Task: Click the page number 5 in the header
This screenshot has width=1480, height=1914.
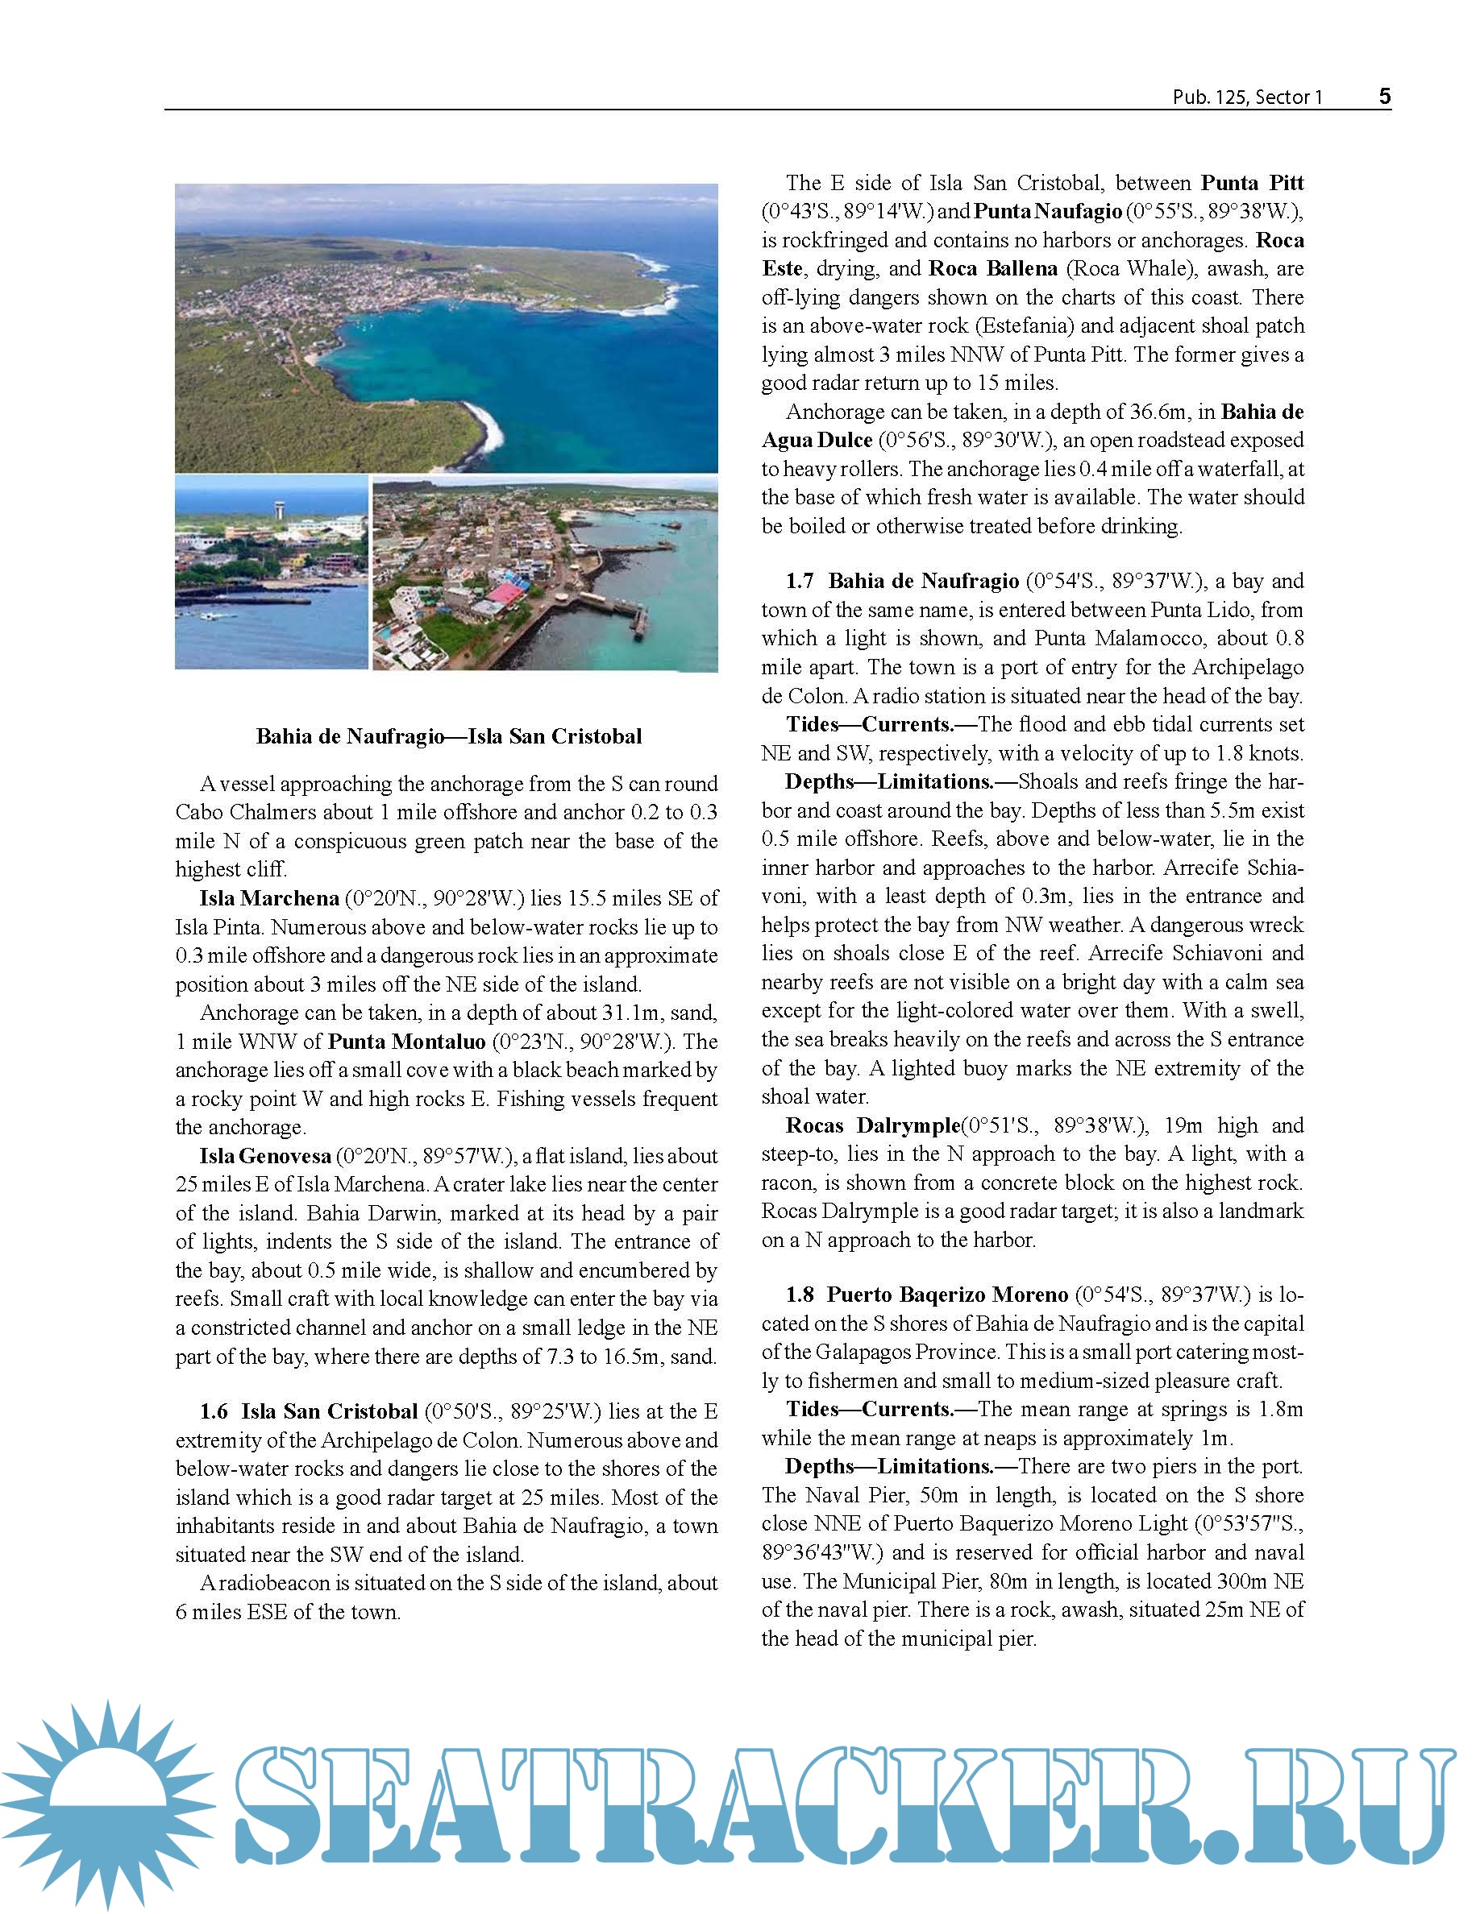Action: coord(1384,97)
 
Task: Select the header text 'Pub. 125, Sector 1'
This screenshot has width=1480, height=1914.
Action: coord(1247,97)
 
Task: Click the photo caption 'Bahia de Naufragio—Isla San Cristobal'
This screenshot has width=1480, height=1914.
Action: coord(449,736)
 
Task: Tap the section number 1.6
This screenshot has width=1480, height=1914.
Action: coord(213,1411)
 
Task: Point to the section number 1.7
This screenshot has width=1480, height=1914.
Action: coord(800,580)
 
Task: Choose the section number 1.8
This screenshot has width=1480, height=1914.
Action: coord(800,1295)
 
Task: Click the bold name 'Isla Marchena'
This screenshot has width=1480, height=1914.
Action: coord(269,898)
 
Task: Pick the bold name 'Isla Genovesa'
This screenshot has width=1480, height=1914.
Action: coord(264,1156)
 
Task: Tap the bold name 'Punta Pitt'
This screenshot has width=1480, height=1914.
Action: coord(1252,183)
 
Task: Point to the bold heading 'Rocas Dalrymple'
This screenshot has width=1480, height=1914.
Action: coord(872,1125)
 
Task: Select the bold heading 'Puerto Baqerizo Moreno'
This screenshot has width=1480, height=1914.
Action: coord(948,1295)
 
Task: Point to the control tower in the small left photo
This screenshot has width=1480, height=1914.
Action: coord(280,508)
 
